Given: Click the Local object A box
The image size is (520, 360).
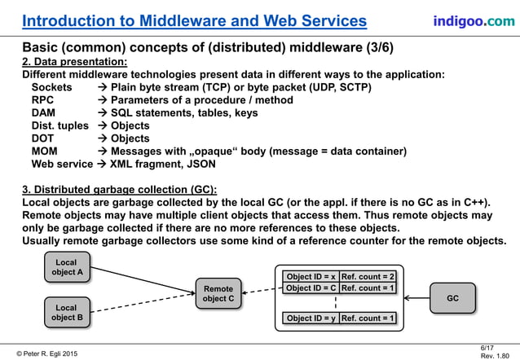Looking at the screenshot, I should [x=68, y=268].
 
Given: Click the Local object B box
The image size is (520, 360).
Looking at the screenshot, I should [x=68, y=312].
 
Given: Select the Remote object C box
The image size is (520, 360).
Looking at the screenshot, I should [x=218, y=294].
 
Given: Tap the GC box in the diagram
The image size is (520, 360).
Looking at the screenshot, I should [x=452, y=299].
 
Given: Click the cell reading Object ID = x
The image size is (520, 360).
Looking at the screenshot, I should [x=311, y=276].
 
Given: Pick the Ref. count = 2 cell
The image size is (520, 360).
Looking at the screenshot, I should [x=368, y=276].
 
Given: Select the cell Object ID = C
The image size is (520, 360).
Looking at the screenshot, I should [x=311, y=288].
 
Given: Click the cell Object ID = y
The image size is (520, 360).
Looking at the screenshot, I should [x=311, y=318].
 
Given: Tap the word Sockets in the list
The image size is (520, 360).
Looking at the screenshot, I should [x=51, y=86].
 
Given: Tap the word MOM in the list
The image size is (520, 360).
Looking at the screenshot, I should [x=45, y=151].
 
